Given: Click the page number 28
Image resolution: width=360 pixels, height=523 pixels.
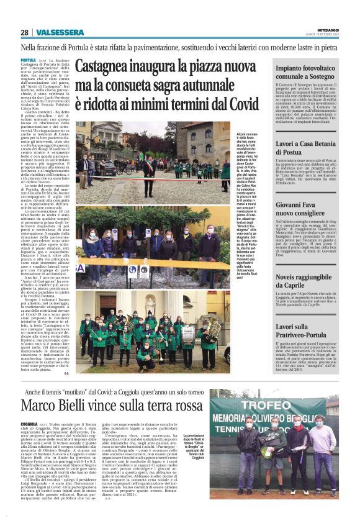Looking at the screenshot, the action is pyautogui.click(x=24, y=32).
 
